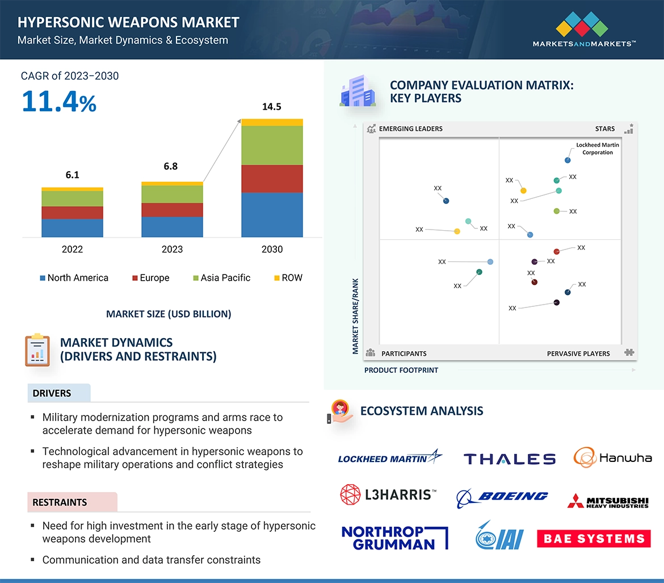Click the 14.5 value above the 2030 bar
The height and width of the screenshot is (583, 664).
[271, 107]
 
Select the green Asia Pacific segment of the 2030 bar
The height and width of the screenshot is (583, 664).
[272, 145]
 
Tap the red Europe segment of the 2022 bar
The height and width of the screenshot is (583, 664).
[72, 213]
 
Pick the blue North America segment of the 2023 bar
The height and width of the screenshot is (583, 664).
[172, 227]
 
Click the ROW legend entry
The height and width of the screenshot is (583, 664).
[288, 278]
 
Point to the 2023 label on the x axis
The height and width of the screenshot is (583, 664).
[172, 249]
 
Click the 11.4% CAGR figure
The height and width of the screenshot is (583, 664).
[59, 102]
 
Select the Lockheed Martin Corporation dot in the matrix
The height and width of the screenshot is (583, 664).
[568, 161]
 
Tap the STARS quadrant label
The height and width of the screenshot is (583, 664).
[605, 129]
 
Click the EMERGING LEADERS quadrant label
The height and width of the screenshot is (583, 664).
[410, 129]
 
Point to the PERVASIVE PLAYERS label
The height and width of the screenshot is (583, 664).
[578, 353]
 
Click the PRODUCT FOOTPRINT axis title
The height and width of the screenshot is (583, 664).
[401, 370]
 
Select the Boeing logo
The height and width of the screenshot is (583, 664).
[502, 497]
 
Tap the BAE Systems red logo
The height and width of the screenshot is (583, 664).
[594, 539]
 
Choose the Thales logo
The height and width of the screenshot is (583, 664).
[509, 459]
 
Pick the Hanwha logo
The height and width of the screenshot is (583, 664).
[612, 457]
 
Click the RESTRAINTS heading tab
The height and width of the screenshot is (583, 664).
[60, 502]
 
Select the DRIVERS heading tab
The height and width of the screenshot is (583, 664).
[52, 393]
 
